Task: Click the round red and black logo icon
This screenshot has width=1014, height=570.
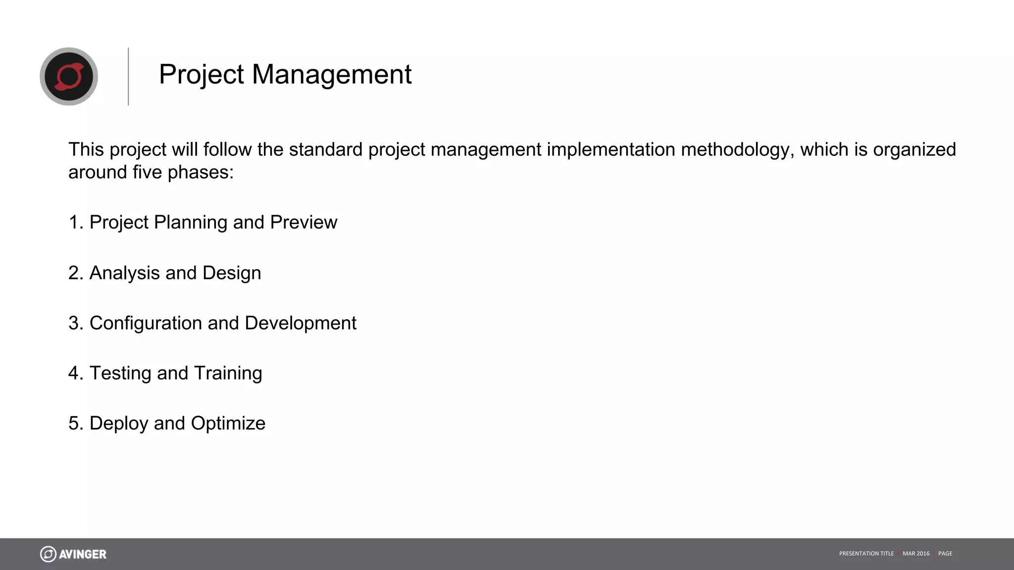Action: pos(69,76)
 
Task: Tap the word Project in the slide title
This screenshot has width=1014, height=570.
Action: pos(201,75)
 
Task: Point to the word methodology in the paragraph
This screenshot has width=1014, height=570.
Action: pos(738,150)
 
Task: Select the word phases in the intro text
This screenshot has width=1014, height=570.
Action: pos(200,173)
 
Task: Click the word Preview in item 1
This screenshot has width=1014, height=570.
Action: pos(304,222)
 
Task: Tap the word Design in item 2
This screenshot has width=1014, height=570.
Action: pos(231,273)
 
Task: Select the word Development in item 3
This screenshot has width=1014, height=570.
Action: pos(300,323)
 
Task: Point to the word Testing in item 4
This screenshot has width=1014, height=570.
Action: pos(120,373)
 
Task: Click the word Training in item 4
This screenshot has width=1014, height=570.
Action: pos(228,373)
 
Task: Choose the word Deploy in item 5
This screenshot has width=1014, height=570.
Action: pos(119,424)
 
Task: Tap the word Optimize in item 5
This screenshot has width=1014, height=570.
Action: pos(228,424)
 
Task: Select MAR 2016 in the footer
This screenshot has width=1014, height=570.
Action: pos(916,554)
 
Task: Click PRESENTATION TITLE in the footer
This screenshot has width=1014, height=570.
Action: pos(866,554)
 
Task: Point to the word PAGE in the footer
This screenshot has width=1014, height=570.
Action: pos(945,554)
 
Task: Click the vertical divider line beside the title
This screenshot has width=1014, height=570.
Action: pos(128,76)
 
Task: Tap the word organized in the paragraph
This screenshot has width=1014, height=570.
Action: pos(914,150)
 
